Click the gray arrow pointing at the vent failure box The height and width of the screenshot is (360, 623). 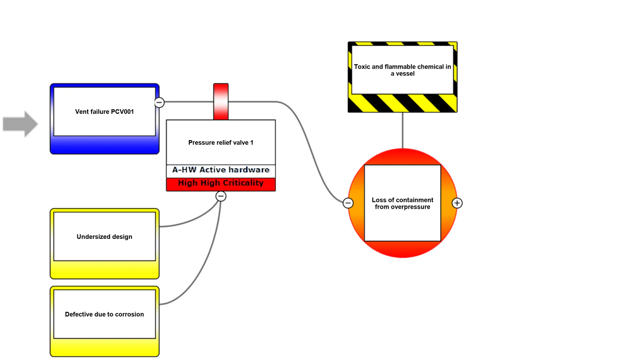pyautogui.click(x=20, y=124)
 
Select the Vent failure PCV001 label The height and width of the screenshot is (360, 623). pyautogui.click(x=104, y=112)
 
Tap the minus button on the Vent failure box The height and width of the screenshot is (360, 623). pyautogui.click(x=159, y=102)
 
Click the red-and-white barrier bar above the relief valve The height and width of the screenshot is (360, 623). pyautogui.click(x=221, y=102)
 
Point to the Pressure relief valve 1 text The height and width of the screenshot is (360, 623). pyautogui.click(x=221, y=143)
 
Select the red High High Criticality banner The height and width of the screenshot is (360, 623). pyautogui.click(x=221, y=184)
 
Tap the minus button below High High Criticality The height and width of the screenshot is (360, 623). pyautogui.click(x=221, y=196)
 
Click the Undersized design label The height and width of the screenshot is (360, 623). pyautogui.click(x=104, y=236)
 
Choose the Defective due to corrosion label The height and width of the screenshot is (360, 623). pyautogui.click(x=104, y=314)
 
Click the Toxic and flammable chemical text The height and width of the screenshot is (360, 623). pyautogui.click(x=403, y=70)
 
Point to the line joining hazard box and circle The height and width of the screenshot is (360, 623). pyautogui.click(x=403, y=130)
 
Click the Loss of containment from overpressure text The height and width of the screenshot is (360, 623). pyautogui.click(x=403, y=203)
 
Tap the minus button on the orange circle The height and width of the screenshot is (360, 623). pyautogui.click(x=348, y=203)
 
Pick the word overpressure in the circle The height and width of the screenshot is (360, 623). pyautogui.click(x=410, y=207)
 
